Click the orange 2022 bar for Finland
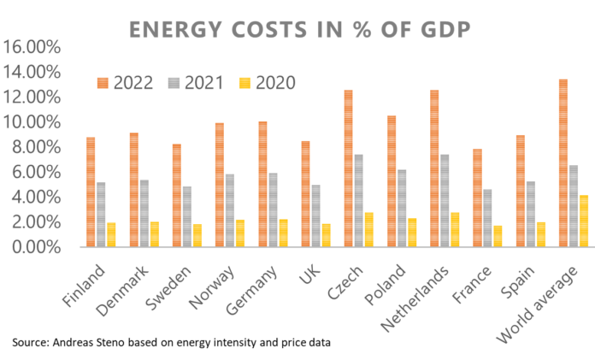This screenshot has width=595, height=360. pos(91,192)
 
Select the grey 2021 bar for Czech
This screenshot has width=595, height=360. pos(335,201)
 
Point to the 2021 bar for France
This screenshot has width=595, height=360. pos(486,218)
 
